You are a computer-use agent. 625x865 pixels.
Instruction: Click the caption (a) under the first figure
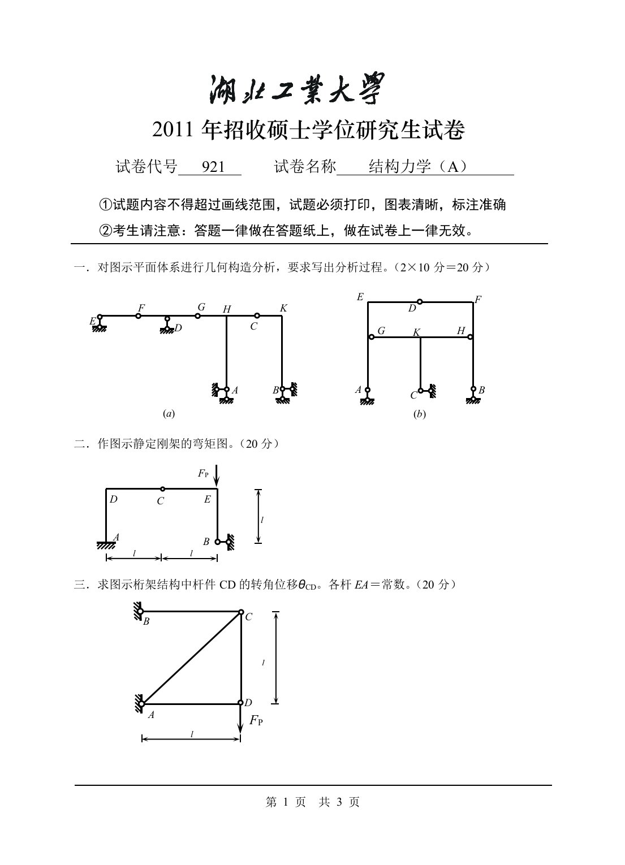point(169,414)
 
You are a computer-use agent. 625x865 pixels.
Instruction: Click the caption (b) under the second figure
point(420,414)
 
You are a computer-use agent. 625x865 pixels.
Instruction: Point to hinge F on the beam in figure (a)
point(139,316)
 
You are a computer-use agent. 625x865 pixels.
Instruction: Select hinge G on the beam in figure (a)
point(198,315)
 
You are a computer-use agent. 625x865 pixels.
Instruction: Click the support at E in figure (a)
point(100,323)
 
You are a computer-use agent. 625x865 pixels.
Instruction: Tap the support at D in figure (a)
point(167,324)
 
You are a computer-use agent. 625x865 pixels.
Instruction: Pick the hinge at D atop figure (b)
point(420,302)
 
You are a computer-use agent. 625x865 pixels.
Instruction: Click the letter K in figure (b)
point(416,332)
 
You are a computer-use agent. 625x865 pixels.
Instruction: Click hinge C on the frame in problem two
point(162,488)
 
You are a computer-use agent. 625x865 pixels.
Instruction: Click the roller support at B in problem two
point(225,542)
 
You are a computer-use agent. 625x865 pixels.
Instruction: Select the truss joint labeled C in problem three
point(241,612)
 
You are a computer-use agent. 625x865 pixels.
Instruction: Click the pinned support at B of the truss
point(139,611)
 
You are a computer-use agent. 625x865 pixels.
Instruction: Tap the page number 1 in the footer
point(286,802)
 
